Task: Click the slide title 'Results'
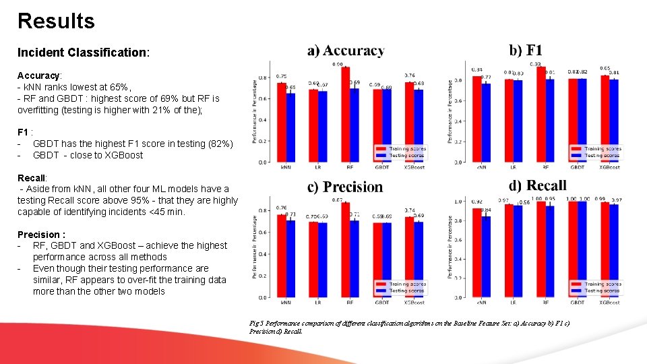pos(56,21)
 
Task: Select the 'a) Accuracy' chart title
pos(346,51)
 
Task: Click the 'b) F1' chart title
pos(526,50)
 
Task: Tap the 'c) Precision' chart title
pos(344,187)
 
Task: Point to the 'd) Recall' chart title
pos(537,185)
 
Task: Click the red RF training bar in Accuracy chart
pos(345,115)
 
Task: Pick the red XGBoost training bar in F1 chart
pos(605,119)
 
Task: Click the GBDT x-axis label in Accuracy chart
pos(381,167)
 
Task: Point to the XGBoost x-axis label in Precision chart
pos(414,303)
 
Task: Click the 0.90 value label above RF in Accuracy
pos(338,64)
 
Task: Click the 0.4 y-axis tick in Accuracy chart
pos(263,120)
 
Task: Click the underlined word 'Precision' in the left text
pos(40,235)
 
